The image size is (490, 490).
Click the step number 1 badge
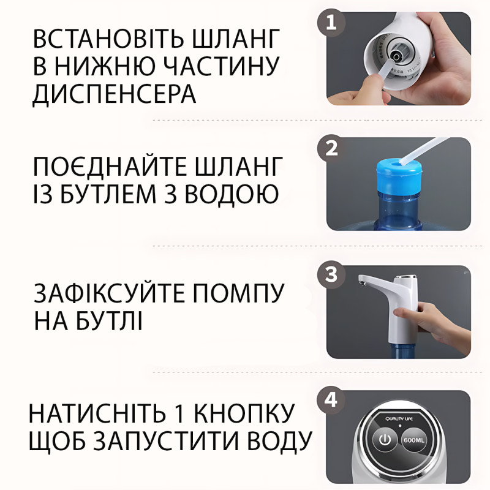[x=331, y=23]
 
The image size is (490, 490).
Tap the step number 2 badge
[x=331, y=148]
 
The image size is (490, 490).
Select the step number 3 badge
[x=331, y=274]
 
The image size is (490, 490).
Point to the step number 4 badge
[x=331, y=400]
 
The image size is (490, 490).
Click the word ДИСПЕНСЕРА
[x=115, y=94]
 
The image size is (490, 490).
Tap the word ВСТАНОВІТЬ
[x=109, y=39]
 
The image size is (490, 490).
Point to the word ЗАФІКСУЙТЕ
[x=109, y=293]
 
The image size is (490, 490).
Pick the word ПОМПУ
[x=238, y=293]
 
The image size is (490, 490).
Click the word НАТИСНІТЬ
[x=97, y=413]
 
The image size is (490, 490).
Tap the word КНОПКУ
[x=244, y=413]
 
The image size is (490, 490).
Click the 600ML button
[x=414, y=440]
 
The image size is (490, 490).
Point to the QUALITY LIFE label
[x=399, y=419]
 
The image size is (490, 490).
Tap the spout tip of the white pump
[x=361, y=283]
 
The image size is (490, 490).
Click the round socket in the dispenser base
[x=396, y=57]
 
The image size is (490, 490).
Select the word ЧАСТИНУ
[x=222, y=66]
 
